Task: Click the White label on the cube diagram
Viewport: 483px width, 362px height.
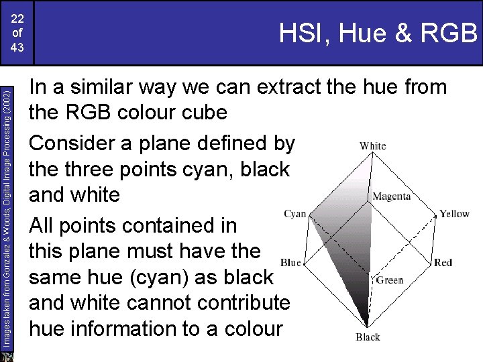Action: [x=372, y=145]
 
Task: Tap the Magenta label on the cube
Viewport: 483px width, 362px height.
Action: [x=391, y=196]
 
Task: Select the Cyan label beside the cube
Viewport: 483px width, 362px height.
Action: [x=294, y=214]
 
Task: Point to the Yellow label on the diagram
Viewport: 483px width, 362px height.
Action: [x=454, y=214]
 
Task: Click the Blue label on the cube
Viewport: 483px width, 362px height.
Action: [x=291, y=262]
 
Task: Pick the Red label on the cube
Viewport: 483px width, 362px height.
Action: [x=443, y=262]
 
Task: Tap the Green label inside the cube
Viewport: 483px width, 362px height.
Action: [x=390, y=280]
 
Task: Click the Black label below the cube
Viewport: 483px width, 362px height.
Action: [x=368, y=337]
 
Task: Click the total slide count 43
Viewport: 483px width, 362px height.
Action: [x=18, y=48]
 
